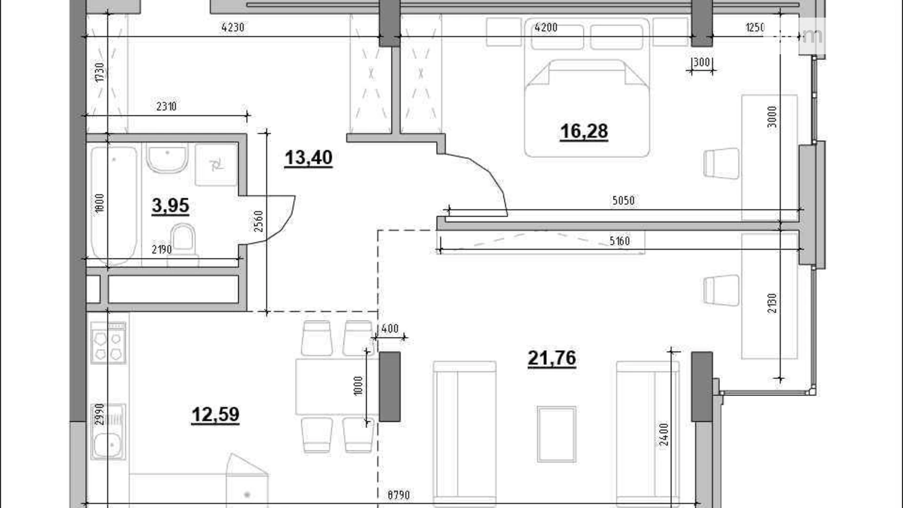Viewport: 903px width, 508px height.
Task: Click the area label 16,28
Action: pos(584,131)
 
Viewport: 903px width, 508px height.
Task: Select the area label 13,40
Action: pos(308,157)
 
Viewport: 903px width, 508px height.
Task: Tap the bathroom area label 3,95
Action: pos(170,205)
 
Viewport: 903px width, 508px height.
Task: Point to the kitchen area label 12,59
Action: pos(215,414)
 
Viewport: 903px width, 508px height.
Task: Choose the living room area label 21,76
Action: pos(552,358)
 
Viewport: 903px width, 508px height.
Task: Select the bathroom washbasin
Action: pos(167,158)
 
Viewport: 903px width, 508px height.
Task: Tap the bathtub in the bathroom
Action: pos(114,205)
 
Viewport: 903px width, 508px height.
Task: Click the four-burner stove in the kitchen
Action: pos(108,343)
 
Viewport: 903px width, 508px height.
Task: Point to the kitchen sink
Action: pos(108,431)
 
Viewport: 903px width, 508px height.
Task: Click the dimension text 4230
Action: pos(233,28)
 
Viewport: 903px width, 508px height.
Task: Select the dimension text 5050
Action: pos(623,200)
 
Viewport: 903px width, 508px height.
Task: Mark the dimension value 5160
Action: pos(619,241)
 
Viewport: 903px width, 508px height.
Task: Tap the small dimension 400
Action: pos(390,329)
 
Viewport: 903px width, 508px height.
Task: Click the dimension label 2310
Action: pos(166,106)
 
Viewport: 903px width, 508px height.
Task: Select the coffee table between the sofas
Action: pos(556,434)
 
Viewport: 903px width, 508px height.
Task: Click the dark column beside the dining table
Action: pos(390,386)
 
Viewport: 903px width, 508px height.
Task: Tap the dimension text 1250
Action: pos(755,28)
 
